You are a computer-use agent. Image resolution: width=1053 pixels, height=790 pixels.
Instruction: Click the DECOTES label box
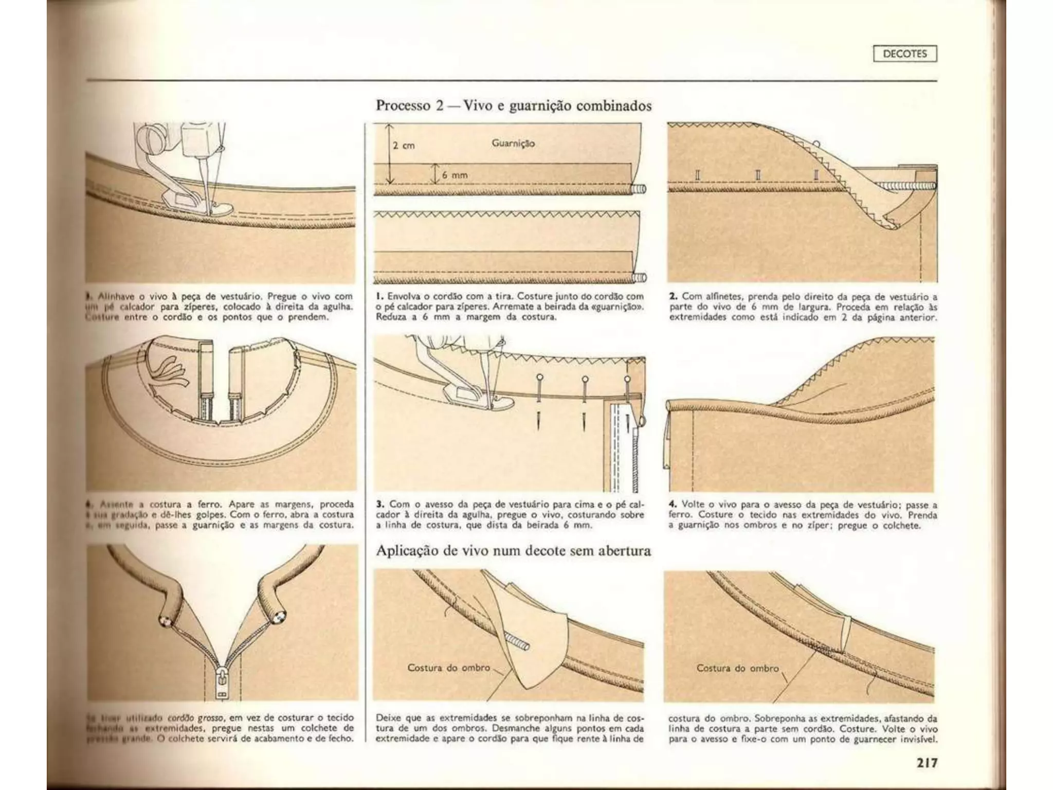[x=904, y=53]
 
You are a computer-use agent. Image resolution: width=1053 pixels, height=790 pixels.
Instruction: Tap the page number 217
[x=924, y=762]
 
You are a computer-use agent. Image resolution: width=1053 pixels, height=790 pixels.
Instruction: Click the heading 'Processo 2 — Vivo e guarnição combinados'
[x=514, y=106]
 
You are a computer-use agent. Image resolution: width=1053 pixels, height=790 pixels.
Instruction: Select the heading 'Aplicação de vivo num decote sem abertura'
[x=513, y=551]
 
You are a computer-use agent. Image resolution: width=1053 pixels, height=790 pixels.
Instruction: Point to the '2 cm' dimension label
[x=404, y=146]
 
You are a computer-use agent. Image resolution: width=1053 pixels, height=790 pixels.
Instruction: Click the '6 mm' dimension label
[x=456, y=175]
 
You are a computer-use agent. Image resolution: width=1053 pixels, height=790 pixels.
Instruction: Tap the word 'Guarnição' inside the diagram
[x=513, y=143]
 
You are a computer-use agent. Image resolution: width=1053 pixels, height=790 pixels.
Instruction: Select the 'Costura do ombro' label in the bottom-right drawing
[x=738, y=668]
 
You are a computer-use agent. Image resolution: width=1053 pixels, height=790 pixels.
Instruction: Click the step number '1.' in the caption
[x=380, y=297]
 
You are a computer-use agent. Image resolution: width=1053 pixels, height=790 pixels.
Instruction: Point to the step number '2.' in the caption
[x=673, y=297]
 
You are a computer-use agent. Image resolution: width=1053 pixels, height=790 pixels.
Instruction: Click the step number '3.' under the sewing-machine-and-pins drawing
[x=380, y=504]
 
